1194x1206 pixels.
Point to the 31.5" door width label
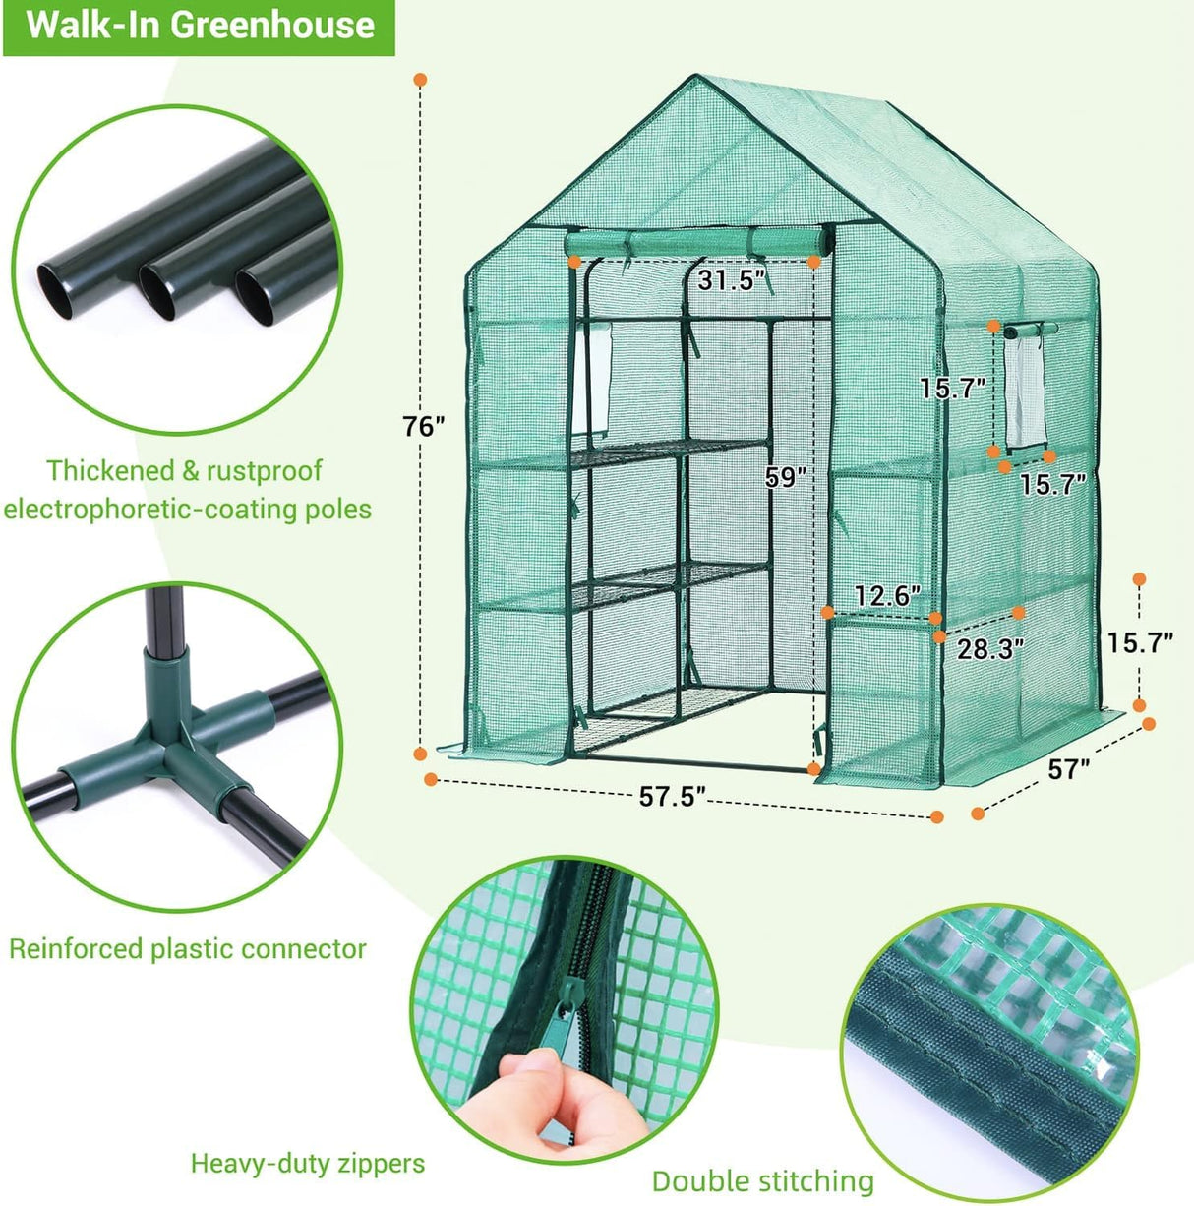coord(732,280)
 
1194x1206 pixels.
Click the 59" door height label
coord(786,478)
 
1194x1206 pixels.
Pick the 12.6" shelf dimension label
coord(887,596)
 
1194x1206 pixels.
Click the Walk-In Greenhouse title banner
coord(200,25)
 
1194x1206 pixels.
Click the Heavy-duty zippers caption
coord(307,1164)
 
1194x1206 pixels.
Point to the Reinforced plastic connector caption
coord(187,949)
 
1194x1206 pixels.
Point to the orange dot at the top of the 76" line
coord(421,79)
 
